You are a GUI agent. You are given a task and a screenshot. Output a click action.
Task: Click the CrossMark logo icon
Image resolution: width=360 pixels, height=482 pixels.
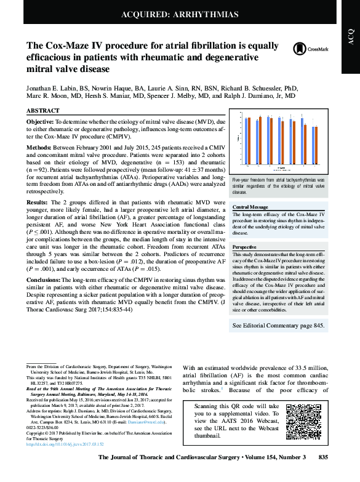301,48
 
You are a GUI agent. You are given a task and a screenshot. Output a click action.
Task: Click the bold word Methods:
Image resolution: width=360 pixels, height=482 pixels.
38,148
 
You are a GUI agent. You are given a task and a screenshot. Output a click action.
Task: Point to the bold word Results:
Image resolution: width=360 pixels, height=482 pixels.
37,202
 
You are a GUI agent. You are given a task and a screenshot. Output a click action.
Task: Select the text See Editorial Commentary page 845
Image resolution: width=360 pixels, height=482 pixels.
278,324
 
